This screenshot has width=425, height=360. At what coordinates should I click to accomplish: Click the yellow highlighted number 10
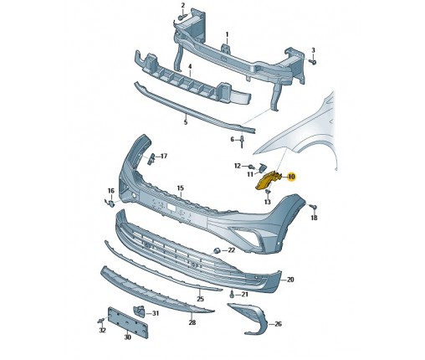tap(291, 177)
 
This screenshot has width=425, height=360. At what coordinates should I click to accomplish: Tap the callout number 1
tap(227, 34)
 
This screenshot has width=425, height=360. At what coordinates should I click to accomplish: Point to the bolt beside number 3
tap(314, 62)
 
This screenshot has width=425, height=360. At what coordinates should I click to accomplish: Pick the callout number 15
tap(181, 188)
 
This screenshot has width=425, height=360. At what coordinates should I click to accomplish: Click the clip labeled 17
tap(151, 158)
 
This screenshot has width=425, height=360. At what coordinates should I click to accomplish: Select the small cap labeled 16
tap(110, 203)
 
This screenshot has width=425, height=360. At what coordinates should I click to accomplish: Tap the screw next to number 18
tap(313, 207)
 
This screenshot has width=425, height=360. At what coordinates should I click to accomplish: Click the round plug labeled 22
tap(218, 250)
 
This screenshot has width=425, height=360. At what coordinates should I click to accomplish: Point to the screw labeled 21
tap(232, 294)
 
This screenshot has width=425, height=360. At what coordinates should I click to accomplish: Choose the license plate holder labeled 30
tap(128, 323)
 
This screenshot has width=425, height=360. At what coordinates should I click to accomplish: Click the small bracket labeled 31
tap(139, 311)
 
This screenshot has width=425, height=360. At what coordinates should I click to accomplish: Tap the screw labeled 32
tap(101, 321)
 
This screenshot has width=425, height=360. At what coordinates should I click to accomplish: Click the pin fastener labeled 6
tap(242, 141)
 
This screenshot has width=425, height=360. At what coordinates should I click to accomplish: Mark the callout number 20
tap(290, 280)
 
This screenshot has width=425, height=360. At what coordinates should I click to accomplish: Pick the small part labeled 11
tap(262, 167)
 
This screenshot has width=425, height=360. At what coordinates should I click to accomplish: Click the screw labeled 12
tap(252, 167)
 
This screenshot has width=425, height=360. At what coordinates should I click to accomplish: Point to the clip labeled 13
tap(267, 192)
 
